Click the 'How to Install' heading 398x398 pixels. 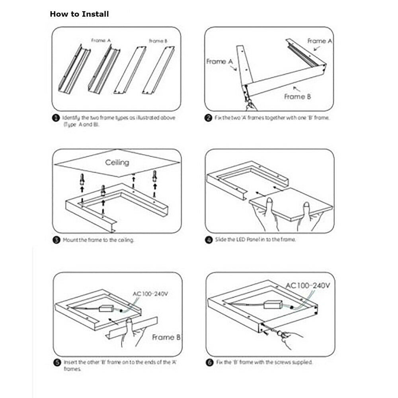(79, 14)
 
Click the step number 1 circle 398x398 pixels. (56, 118)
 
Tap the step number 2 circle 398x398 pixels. (208, 118)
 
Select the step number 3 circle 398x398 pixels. (56, 240)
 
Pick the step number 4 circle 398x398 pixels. (208, 240)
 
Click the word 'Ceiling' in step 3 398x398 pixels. (117, 162)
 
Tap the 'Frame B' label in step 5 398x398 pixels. (166, 337)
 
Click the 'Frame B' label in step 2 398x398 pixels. (297, 96)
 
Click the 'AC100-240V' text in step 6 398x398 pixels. (308, 285)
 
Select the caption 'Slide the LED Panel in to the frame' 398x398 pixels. (255, 240)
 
